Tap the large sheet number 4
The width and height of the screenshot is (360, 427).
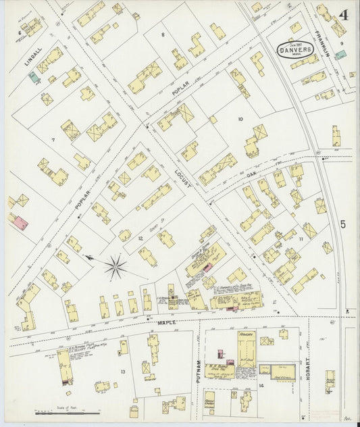(344, 15)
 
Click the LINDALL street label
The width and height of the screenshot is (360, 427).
(28, 55)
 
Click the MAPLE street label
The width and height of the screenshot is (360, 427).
(167, 323)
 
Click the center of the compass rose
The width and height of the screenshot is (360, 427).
(115, 266)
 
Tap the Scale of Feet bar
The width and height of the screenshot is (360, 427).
(68, 411)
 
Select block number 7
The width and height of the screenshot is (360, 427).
(52, 140)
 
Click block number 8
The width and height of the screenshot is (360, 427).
(163, 34)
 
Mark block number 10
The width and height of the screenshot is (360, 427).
(240, 119)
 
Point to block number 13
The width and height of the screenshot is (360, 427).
(123, 372)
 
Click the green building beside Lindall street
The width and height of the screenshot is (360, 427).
(33, 78)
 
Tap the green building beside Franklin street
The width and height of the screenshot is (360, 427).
(341, 54)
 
